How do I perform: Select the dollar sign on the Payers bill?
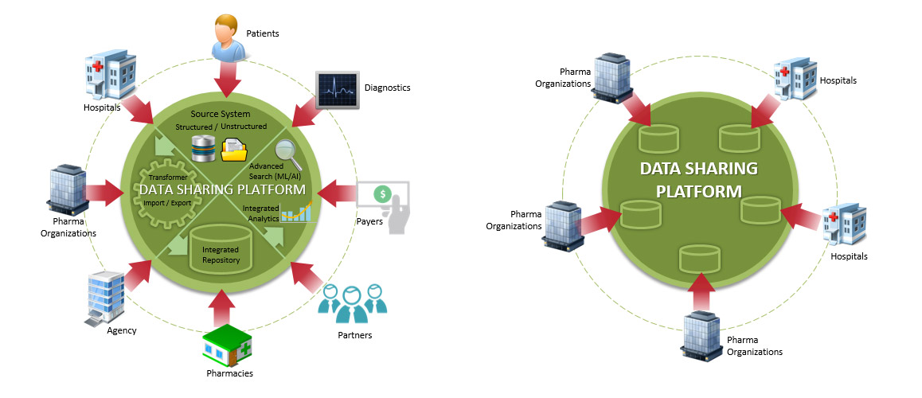(x=383, y=193)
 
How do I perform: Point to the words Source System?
(x=221, y=115)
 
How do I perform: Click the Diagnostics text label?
(x=387, y=88)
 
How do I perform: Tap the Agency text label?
(x=121, y=330)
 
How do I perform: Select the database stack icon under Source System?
(x=201, y=149)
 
